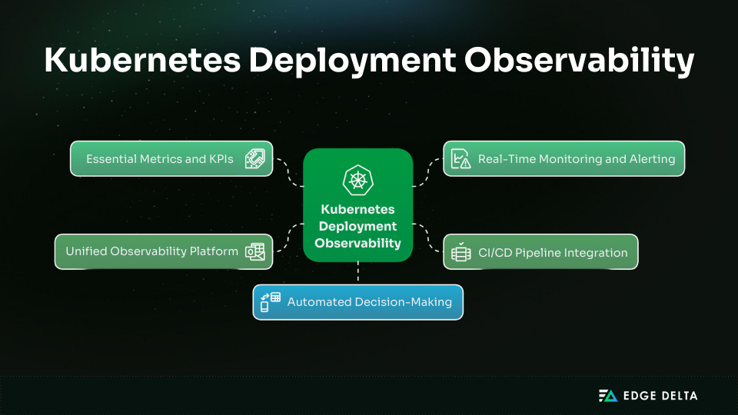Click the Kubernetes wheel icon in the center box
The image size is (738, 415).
click(357, 180)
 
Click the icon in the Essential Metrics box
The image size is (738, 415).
click(254, 159)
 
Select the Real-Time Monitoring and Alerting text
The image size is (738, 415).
click(576, 159)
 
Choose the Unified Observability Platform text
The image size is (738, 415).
click(151, 251)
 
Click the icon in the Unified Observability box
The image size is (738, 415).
click(254, 251)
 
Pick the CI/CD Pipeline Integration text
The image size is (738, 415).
click(553, 252)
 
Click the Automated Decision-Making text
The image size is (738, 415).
click(369, 302)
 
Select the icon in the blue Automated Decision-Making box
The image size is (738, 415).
click(271, 302)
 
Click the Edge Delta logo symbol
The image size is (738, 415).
click(608, 396)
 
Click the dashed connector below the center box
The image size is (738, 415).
click(358, 273)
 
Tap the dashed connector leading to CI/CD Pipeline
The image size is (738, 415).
click(428, 237)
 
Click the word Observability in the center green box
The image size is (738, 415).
click(357, 243)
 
